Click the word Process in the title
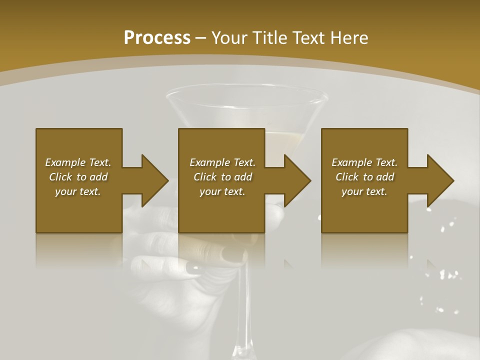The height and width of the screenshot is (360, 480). click(x=157, y=38)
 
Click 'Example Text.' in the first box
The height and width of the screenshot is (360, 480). click(x=78, y=162)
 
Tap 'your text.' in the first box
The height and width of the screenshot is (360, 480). click(x=78, y=191)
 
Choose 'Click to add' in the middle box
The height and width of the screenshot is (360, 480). click(x=222, y=177)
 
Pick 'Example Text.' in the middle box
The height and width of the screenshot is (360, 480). click(x=222, y=162)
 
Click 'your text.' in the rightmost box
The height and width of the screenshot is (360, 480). click(x=364, y=191)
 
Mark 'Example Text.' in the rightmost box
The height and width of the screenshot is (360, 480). click(x=364, y=162)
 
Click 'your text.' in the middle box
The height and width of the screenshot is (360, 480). click(x=222, y=191)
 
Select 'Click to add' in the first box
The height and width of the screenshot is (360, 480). click(x=78, y=177)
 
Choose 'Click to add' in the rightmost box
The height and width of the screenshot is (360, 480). click(x=364, y=177)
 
